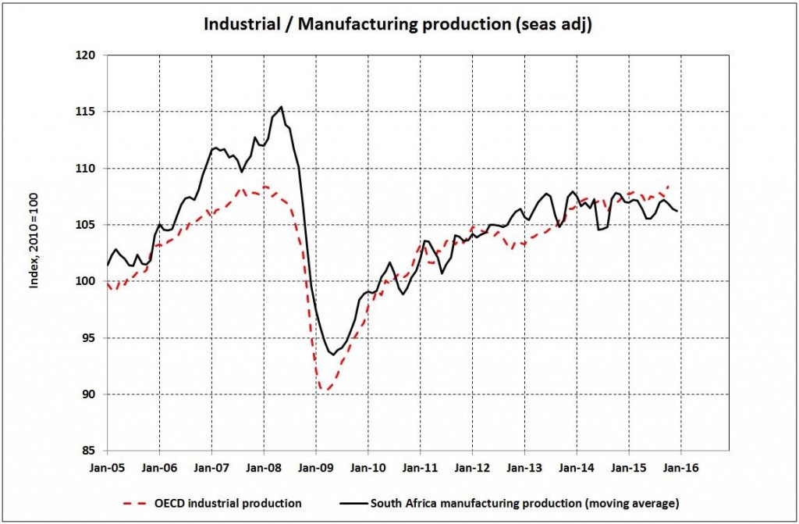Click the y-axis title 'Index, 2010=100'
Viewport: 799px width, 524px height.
pos(34,243)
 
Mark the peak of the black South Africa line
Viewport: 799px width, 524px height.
pos(281,107)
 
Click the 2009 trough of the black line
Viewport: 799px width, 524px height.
pos(334,355)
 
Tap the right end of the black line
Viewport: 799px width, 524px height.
pos(676,211)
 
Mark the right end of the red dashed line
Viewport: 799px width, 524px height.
pos(669,186)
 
